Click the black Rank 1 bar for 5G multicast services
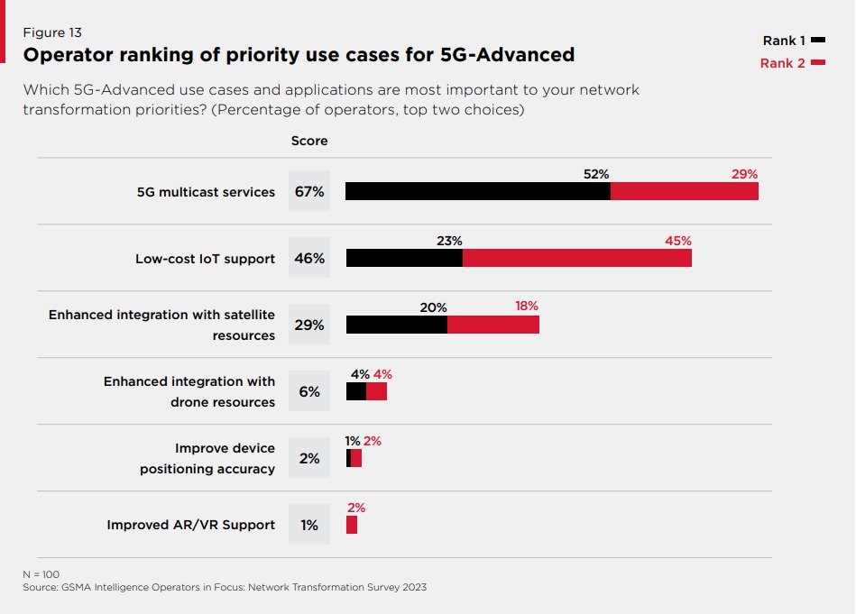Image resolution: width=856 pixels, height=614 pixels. [478, 191]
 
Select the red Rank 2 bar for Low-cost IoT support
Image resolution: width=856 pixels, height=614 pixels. [577, 258]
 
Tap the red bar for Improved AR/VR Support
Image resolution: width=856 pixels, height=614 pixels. [352, 525]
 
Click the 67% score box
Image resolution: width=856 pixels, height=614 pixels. [309, 191]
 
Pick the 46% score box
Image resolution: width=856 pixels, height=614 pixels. [309, 258]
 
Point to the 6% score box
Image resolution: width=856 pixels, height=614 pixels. [309, 391]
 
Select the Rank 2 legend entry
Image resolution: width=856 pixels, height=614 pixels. [792, 63]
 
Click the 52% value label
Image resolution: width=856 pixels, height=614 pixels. [595, 174]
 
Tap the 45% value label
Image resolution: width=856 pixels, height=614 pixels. [677, 241]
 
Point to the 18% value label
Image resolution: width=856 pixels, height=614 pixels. [527, 307]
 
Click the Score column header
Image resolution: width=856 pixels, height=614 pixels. [309, 142]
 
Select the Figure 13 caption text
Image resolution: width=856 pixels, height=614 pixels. [52, 33]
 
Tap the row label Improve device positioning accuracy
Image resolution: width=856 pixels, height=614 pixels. [207, 458]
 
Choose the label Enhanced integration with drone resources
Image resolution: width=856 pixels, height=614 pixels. [189, 391]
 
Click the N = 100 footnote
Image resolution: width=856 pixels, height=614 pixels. [41, 573]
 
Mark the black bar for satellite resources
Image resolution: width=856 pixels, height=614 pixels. [397, 325]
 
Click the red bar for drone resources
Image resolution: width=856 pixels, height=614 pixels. [376, 391]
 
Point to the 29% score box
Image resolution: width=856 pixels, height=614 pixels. [309, 325]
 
